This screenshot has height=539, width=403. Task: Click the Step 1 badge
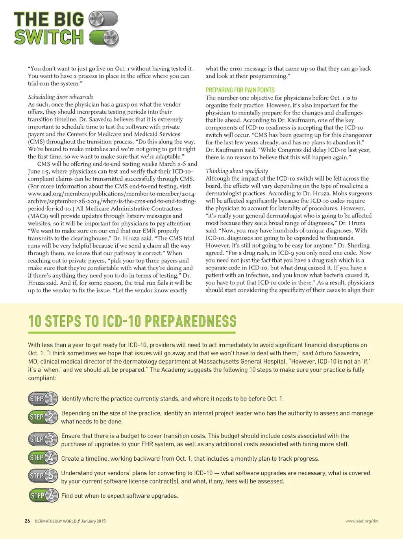43,399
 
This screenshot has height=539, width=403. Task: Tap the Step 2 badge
43,417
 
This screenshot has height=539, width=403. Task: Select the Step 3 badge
43,439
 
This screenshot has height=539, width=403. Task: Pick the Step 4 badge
43,458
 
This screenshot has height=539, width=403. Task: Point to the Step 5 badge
43,476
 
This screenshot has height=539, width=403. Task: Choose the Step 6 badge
43,495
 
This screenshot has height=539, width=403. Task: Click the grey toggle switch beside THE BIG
103,18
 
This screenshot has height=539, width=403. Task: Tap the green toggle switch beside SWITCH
104,38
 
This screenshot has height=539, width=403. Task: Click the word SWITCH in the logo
49,37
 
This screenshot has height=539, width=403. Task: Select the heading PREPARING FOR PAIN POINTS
240,90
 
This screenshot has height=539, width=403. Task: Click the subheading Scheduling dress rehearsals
61,97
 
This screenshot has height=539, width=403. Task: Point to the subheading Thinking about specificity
237,171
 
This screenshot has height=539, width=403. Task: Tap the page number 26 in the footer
27,521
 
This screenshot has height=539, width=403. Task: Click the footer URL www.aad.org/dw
362,521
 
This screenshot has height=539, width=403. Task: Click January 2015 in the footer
93,521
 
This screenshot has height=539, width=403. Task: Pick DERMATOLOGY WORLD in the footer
55,521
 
